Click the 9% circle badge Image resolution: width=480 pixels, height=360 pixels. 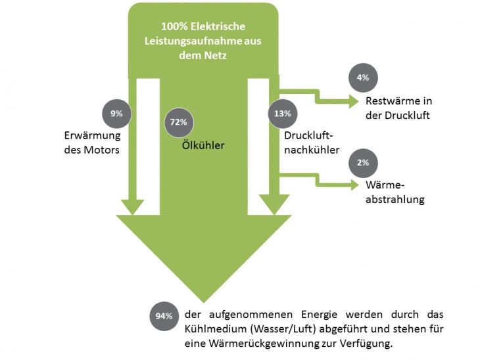[x=116, y=114]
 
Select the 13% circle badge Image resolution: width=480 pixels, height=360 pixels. [x=282, y=114]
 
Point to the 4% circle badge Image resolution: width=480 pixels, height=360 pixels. [x=363, y=78]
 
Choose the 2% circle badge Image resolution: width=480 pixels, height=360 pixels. [x=363, y=162]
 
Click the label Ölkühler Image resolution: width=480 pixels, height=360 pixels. [x=203, y=145]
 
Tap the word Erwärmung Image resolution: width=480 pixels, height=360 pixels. [x=91, y=136]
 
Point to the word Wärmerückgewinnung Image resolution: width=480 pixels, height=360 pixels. [x=259, y=344]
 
